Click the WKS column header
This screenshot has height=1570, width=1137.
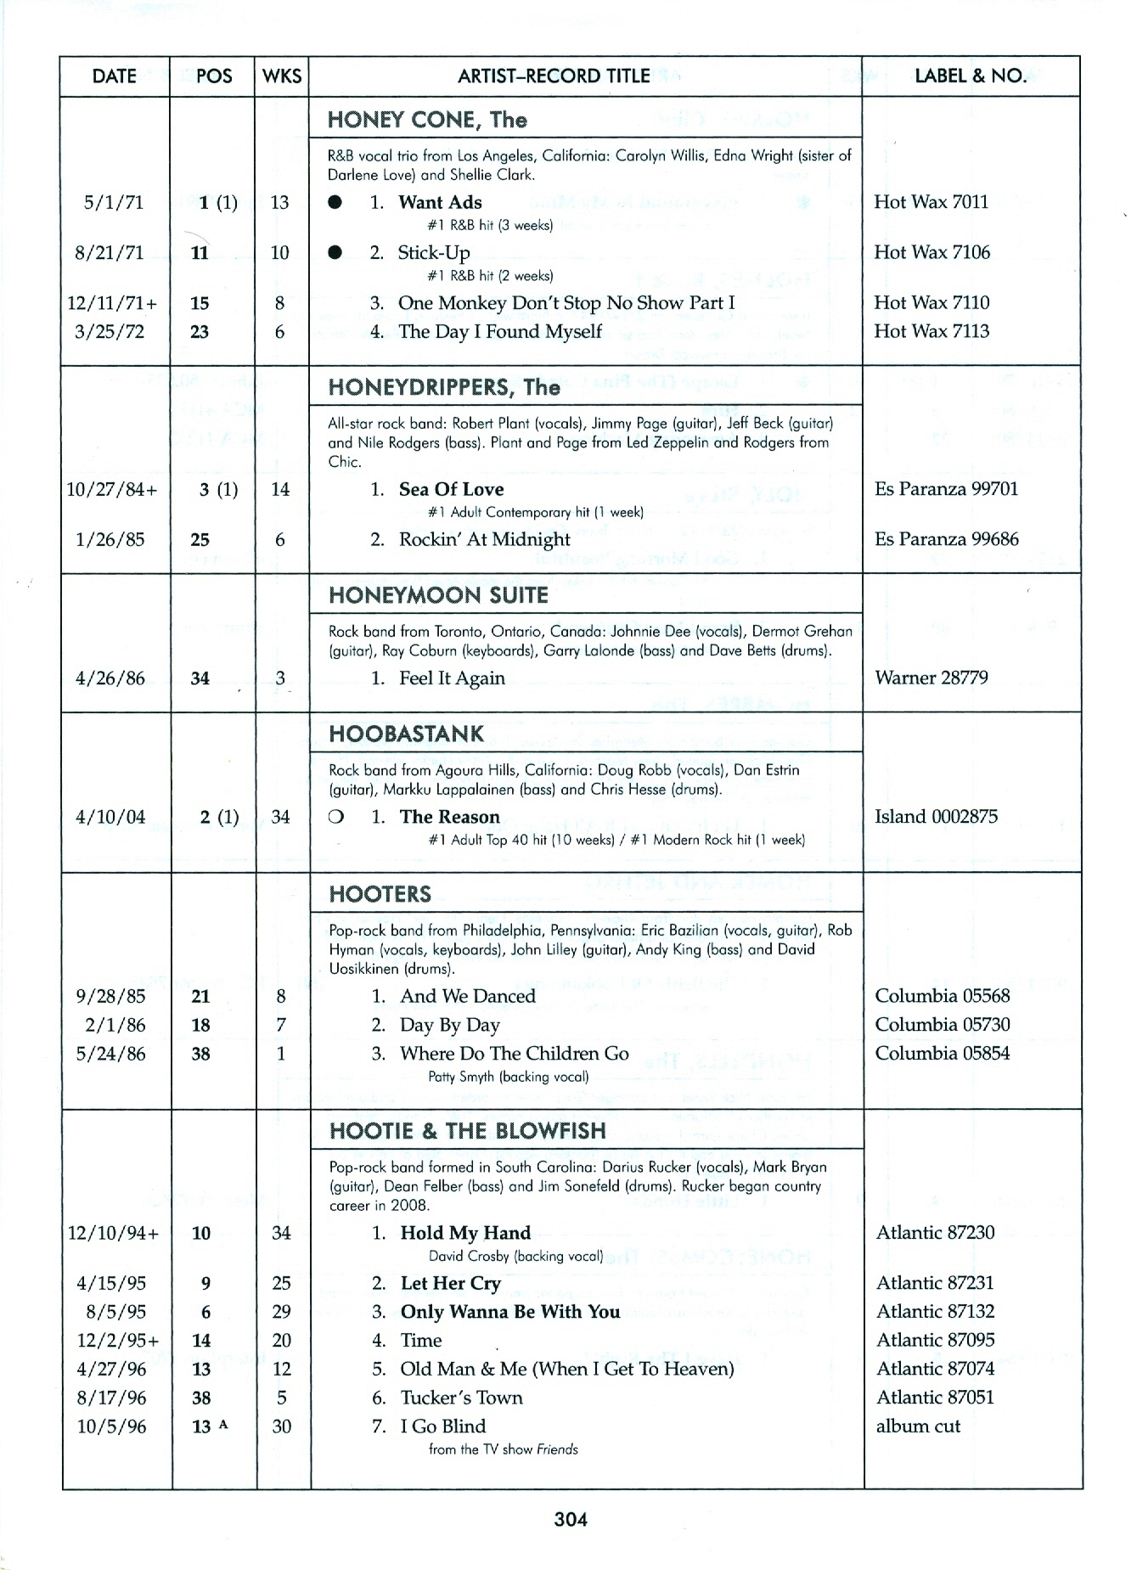pyautogui.click(x=282, y=76)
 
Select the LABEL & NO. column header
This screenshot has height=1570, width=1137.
pyautogui.click(x=970, y=76)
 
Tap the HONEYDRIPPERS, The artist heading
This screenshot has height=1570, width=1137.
pyautogui.click(x=444, y=388)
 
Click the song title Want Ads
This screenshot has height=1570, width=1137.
pyautogui.click(x=440, y=203)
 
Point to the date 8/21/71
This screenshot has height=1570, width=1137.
pyautogui.click(x=110, y=253)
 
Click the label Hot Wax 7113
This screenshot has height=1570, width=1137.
pyautogui.click(x=932, y=331)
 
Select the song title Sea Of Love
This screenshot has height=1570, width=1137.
pyautogui.click(x=451, y=490)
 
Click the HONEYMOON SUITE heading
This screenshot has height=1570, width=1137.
pyautogui.click(x=438, y=595)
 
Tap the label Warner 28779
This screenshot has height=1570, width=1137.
pyautogui.click(x=931, y=678)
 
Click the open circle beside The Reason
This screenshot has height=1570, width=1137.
pyautogui.click(x=336, y=817)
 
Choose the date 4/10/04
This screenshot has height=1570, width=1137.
pyautogui.click(x=110, y=818)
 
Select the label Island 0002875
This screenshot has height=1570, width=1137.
pyautogui.click(x=935, y=817)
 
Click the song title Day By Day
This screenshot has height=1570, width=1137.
pyautogui.click(x=450, y=1025)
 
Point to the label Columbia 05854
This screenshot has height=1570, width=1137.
pyautogui.click(x=943, y=1054)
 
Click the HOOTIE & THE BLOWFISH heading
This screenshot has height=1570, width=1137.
pyautogui.click(x=467, y=1131)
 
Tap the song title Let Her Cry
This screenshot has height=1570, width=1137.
pyautogui.click(x=450, y=1283)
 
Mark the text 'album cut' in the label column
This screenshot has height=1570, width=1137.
pyautogui.click(x=918, y=1427)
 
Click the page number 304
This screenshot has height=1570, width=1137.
pyautogui.click(x=571, y=1519)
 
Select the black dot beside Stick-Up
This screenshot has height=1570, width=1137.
pyautogui.click(x=336, y=253)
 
